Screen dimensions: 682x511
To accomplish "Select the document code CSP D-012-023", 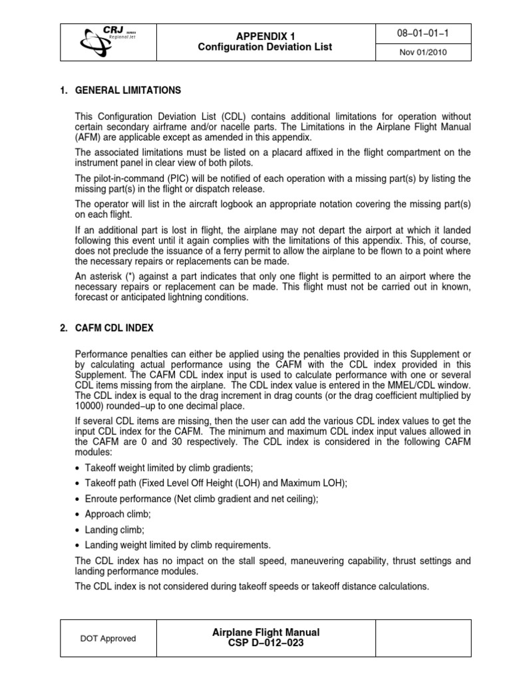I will (x=265, y=643).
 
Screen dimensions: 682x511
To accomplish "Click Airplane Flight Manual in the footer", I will (x=265, y=632).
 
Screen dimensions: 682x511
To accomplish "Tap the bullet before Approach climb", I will (x=79, y=515).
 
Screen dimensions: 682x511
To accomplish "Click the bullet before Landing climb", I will (x=79, y=529).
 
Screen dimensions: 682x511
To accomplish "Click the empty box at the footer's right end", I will (x=425, y=638).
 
